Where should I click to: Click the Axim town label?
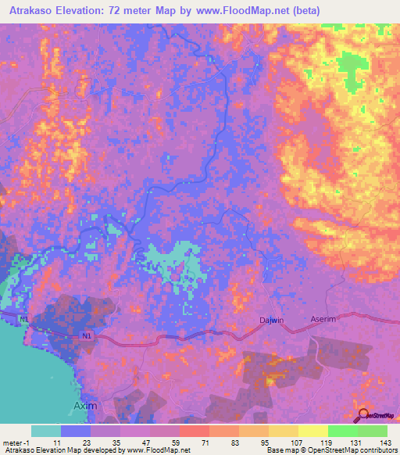click(x=84, y=406)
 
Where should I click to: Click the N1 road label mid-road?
click(x=87, y=336)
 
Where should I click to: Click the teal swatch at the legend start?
click(x=46, y=431)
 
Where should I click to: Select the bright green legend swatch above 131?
click(x=342, y=431)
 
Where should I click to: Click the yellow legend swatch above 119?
click(x=312, y=431)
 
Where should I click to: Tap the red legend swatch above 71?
click(x=194, y=431)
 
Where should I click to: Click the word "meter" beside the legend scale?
click(x=12, y=442)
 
